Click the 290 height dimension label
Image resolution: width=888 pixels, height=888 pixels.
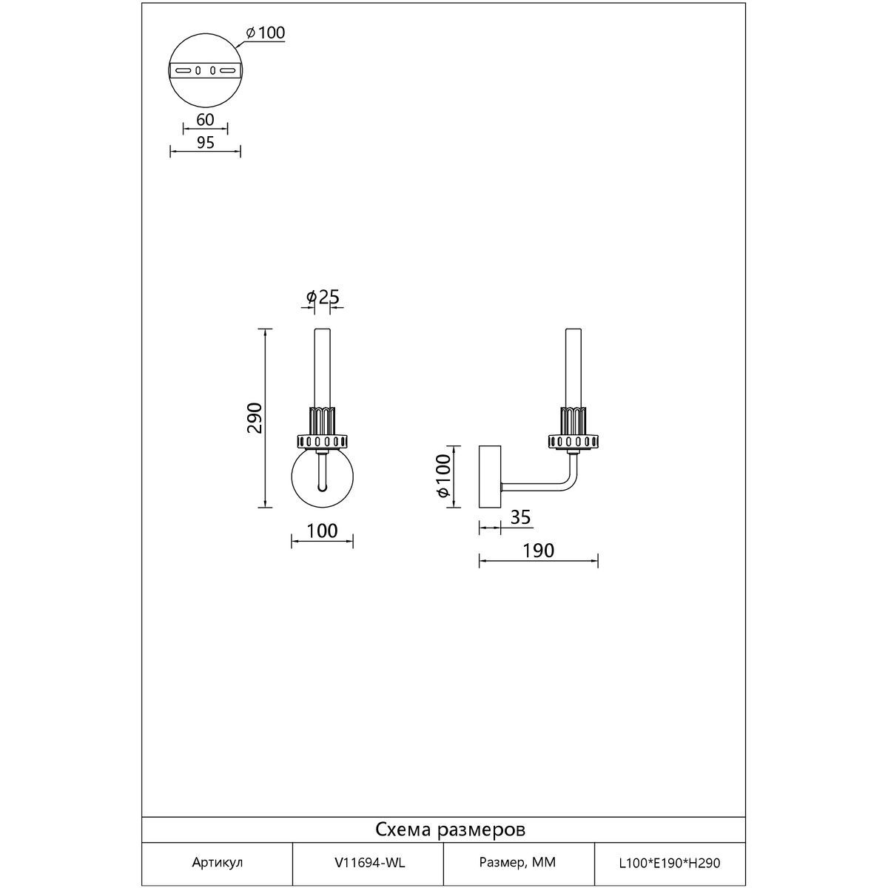click(255, 417)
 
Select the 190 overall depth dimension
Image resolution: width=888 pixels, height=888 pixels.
click(538, 551)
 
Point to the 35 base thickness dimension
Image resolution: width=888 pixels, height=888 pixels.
click(521, 517)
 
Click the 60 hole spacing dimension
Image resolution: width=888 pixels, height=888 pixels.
click(205, 119)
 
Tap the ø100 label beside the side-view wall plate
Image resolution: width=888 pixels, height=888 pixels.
click(443, 476)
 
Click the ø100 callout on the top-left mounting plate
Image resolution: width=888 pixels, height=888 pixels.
click(266, 33)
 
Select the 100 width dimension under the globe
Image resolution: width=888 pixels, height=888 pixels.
click(322, 531)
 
